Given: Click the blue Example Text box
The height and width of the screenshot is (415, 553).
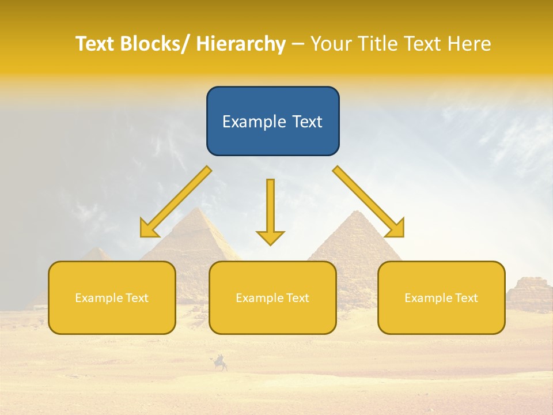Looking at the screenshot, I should (272, 121).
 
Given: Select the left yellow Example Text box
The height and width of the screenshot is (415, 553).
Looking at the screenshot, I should (112, 297).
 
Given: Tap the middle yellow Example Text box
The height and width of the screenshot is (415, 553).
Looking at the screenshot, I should (272, 297).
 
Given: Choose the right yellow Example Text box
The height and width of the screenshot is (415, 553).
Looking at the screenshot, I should (441, 297).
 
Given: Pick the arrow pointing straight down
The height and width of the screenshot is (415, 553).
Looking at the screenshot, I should (270, 210).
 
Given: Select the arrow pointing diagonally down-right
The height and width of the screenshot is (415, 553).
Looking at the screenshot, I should (369, 202).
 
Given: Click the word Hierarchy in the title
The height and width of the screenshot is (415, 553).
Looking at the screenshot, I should (241, 44).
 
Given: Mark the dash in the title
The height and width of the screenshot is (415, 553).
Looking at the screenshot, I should (298, 44).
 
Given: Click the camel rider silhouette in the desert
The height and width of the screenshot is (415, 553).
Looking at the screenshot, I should (220, 363).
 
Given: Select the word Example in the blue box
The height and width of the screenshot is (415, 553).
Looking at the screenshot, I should (249, 121).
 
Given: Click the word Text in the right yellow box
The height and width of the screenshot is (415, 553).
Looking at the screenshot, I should (466, 297).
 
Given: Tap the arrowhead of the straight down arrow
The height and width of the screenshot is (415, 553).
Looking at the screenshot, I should (270, 237).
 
